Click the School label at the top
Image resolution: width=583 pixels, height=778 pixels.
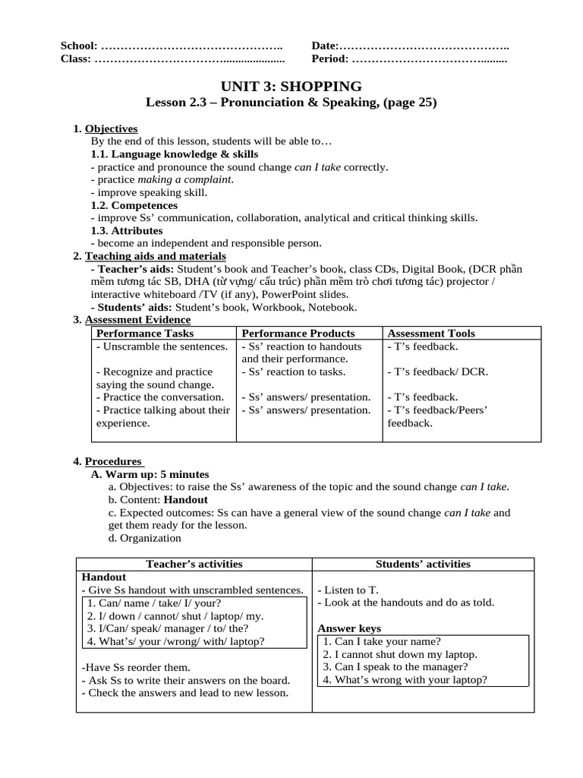[78, 46]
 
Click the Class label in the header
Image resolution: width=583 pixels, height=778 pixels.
[75, 59]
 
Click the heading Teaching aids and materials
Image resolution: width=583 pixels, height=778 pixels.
[155, 256]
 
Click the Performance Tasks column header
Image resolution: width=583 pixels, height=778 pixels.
[144, 333]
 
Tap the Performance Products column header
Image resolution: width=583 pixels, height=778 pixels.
[298, 333]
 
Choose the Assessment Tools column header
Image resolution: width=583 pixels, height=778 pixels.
[430, 333]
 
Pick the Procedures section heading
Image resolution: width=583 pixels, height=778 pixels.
[113, 461]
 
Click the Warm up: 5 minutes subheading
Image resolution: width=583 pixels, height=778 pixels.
[150, 474]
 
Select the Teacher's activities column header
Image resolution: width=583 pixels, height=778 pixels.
[194, 564]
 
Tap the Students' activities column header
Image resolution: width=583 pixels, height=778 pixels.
[423, 564]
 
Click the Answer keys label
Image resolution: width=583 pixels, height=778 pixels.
[349, 628]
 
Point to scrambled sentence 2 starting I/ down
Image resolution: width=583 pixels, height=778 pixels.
[175, 615]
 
